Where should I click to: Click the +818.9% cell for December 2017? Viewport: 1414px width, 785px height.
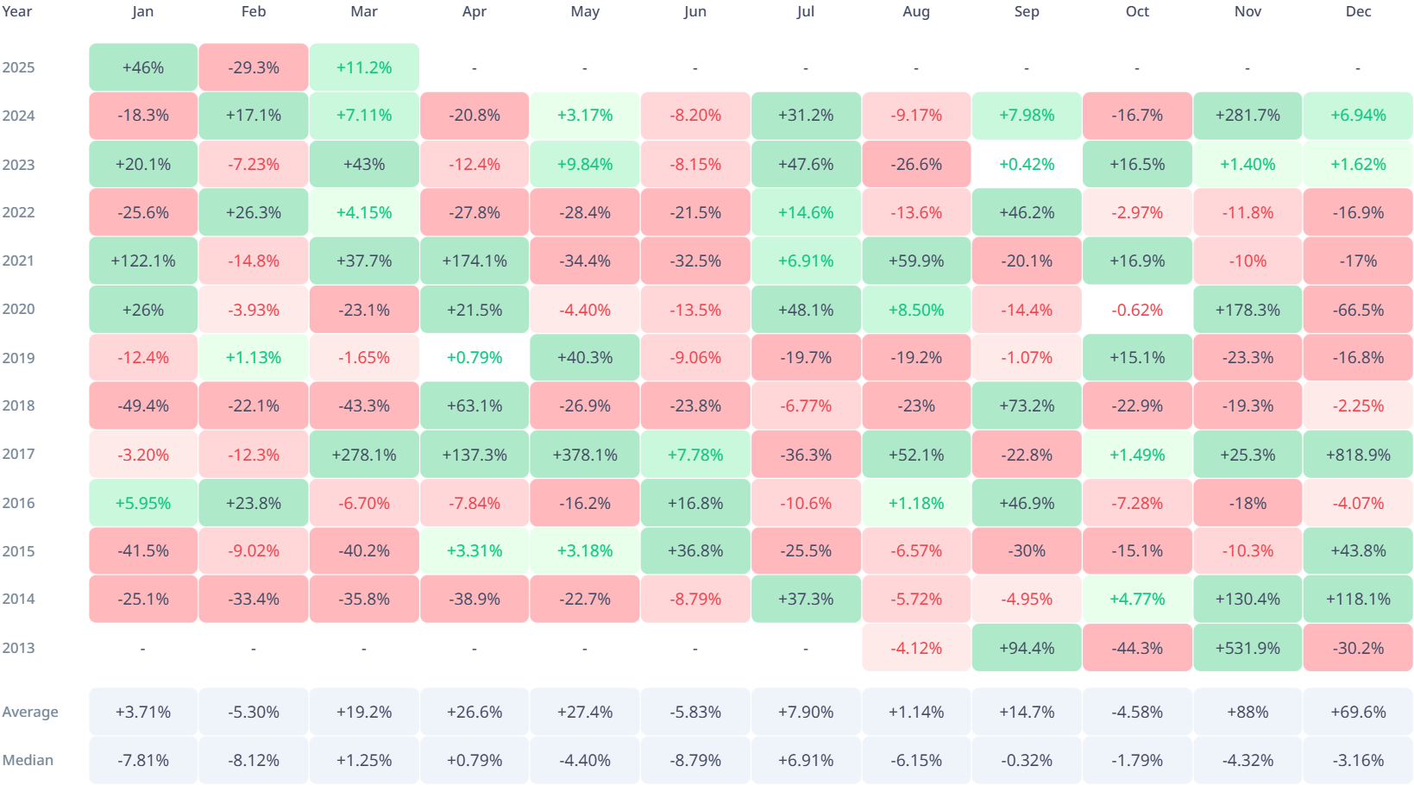pyautogui.click(x=1358, y=455)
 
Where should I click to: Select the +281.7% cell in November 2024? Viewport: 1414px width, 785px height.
pyautogui.click(x=1247, y=116)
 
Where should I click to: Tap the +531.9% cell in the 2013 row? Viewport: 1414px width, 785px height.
pyautogui.click(x=1247, y=648)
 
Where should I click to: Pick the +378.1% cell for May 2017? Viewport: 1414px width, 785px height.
pyautogui.click(x=585, y=455)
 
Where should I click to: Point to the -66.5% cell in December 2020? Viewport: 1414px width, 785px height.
pyautogui.click(x=1358, y=310)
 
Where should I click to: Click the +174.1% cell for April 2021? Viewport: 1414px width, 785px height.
pyautogui.click(x=474, y=261)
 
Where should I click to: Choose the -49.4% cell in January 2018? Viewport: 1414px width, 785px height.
pyautogui.click(x=143, y=405)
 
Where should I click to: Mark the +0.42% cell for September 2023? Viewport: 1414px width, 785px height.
pyautogui.click(x=1027, y=164)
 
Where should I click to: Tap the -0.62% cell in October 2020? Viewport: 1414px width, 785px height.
pyautogui.click(x=1137, y=310)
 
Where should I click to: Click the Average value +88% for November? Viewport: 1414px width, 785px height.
pyautogui.click(x=1247, y=712)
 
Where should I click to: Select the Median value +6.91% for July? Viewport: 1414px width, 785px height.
pyautogui.click(x=806, y=760)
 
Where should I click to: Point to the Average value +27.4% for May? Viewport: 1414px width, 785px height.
pyautogui.click(x=585, y=712)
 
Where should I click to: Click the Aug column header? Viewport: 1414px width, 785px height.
pyautogui.click(x=916, y=11)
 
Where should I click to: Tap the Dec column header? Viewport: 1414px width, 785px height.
pyautogui.click(x=1358, y=11)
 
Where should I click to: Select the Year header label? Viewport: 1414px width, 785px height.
pyautogui.click(x=16, y=11)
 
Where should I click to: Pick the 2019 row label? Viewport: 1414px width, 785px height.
pyautogui.click(x=18, y=358)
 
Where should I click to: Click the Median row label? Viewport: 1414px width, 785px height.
pyautogui.click(x=28, y=760)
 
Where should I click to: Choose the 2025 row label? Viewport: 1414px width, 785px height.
pyautogui.click(x=18, y=67)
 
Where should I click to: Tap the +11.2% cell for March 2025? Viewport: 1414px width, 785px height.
pyautogui.click(x=364, y=67)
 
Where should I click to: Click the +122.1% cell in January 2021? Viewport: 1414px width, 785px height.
pyautogui.click(x=143, y=261)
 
